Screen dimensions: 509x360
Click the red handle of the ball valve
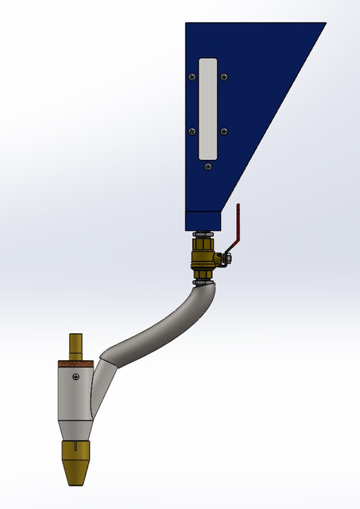(238, 227)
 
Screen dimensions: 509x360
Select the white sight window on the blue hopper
(207, 107)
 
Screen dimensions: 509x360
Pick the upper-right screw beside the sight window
(224, 77)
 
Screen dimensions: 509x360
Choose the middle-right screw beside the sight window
(224, 131)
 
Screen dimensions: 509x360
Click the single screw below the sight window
(207, 167)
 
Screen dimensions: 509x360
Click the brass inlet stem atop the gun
(76, 345)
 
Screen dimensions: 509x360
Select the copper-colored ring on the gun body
(76, 364)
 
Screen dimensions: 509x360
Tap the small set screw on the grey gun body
(75, 377)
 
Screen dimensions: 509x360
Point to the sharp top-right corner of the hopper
(325, 23)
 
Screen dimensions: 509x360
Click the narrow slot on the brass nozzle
(76, 455)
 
